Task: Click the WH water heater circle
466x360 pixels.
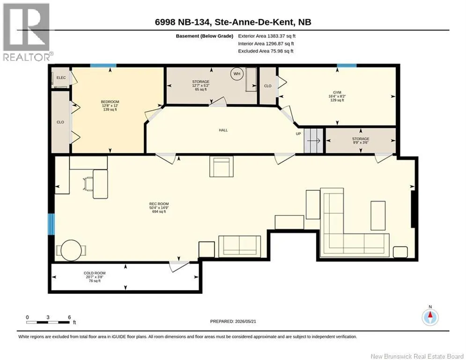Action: pyautogui.click(x=237, y=74)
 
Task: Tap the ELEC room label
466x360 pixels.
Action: pyautogui.click(x=61, y=78)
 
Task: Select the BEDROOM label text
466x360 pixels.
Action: pyautogui.click(x=110, y=102)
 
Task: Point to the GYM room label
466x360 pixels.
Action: pyautogui.click(x=337, y=92)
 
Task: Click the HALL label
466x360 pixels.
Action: pyautogui.click(x=223, y=130)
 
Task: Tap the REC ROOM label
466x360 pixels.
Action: pyautogui.click(x=159, y=204)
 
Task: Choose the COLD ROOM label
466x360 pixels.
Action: pyautogui.click(x=95, y=273)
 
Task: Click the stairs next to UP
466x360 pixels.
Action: pyautogui.click(x=313, y=141)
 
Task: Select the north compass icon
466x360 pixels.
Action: pyautogui.click(x=430, y=317)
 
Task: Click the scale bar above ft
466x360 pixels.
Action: pyautogui.click(x=48, y=322)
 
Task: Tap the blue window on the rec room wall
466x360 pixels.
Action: pyautogui.click(x=52, y=224)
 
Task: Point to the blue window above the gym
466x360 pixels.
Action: pyautogui.click(x=347, y=66)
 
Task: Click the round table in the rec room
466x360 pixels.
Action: pyautogui.click(x=71, y=250)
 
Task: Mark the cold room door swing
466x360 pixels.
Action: pyautogui.click(x=178, y=266)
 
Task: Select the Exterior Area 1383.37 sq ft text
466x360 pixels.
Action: pyautogui.click(x=266, y=36)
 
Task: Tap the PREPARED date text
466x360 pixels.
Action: pyautogui.click(x=233, y=321)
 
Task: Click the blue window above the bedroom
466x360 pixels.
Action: pyautogui.click(x=103, y=66)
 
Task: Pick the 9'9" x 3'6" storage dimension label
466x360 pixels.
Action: pyautogui.click(x=361, y=142)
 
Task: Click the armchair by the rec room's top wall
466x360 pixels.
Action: pyautogui.click(x=222, y=166)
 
